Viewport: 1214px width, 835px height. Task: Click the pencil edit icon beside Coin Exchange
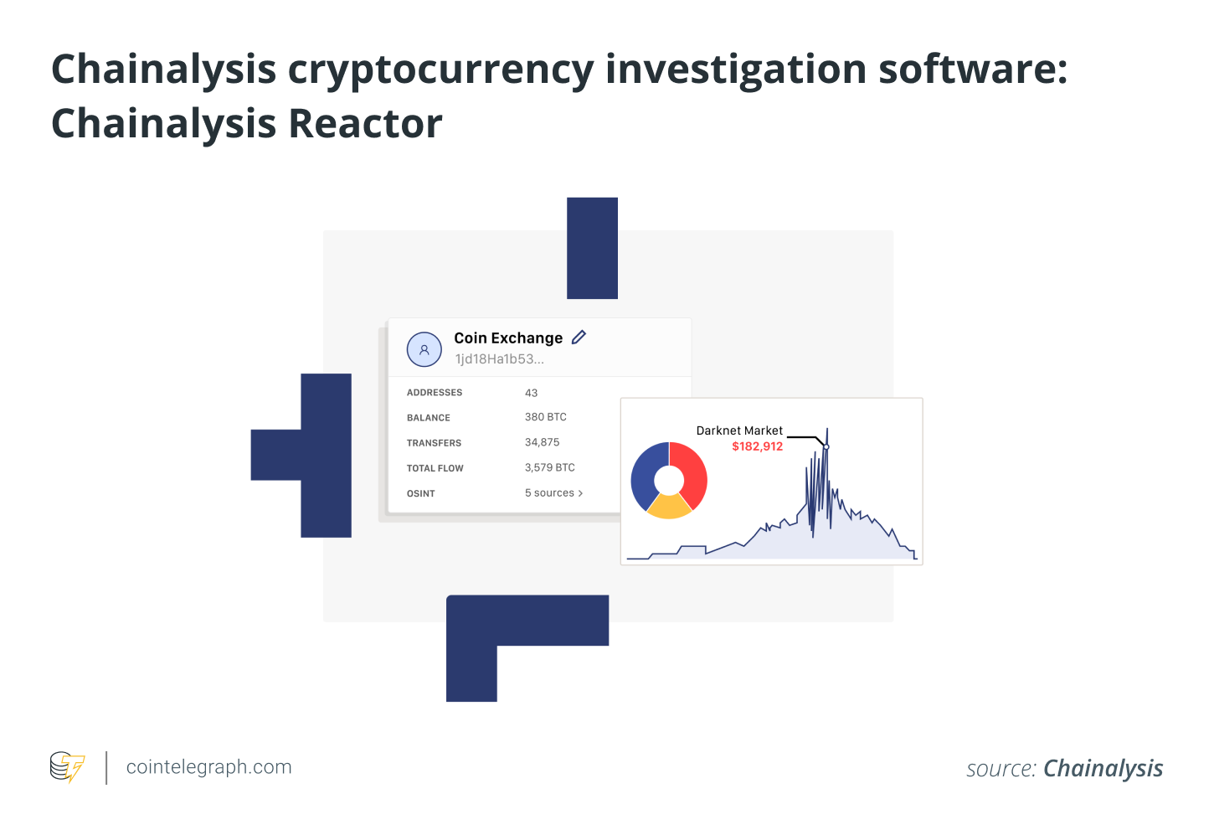[579, 338]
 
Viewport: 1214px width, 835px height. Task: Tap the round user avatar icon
[424, 350]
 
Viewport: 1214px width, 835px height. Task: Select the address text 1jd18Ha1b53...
[499, 359]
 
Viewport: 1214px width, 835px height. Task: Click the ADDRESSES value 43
[531, 393]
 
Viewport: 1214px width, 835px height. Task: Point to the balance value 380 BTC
[545, 417]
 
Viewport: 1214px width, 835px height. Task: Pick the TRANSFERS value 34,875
[542, 442]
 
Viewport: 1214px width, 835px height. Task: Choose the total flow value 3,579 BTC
[549, 467]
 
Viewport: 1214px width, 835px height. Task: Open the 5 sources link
[553, 493]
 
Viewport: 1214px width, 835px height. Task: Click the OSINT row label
[420, 494]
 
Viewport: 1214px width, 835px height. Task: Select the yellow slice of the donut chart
[669, 506]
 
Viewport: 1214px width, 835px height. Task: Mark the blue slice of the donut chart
[646, 473]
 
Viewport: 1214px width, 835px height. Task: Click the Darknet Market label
[739, 430]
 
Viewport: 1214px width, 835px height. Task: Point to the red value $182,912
[757, 446]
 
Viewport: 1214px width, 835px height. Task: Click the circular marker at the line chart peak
[826, 447]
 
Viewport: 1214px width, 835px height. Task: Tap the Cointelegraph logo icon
[67, 767]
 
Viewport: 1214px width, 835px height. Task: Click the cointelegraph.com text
[208, 767]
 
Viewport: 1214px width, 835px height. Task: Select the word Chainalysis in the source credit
[1103, 769]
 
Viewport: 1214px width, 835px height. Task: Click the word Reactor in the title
[365, 124]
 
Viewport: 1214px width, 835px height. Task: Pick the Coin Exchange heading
[508, 338]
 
